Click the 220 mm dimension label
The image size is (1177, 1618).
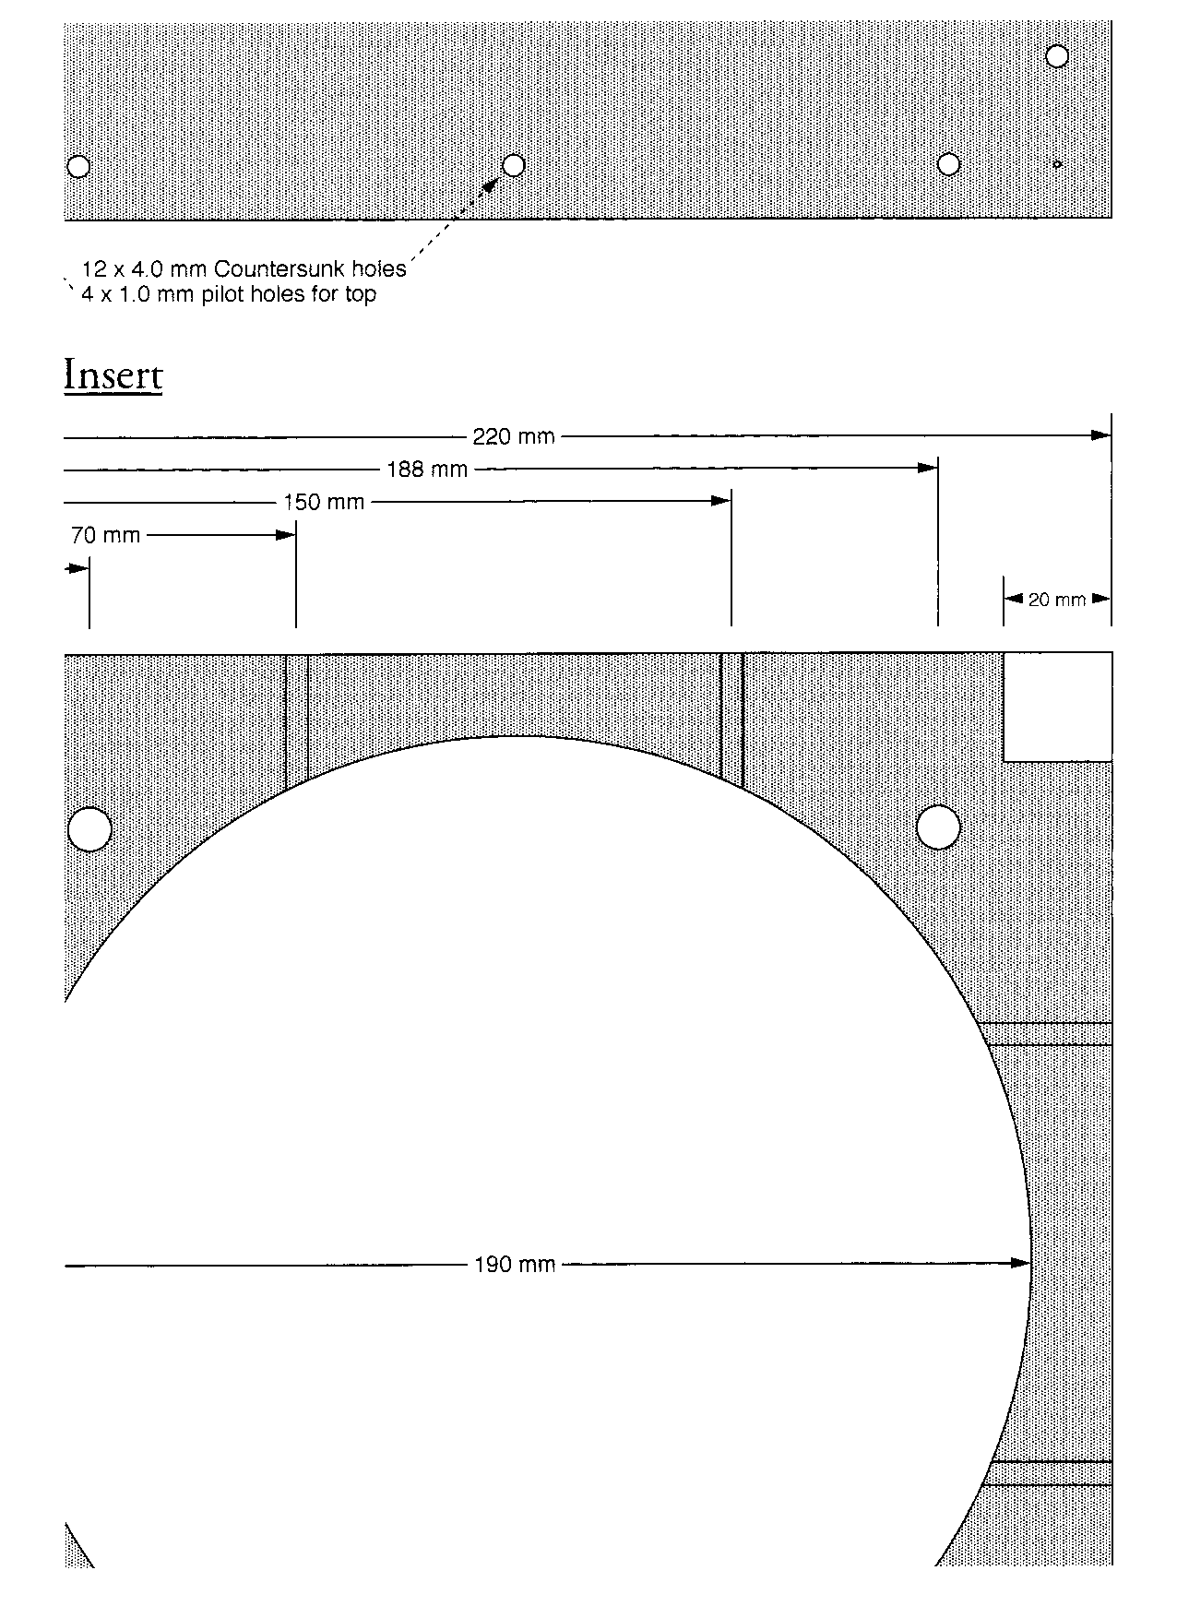(514, 436)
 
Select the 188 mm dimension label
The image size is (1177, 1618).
(427, 470)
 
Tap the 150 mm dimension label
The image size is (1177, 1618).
(324, 503)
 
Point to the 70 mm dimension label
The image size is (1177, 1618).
(105, 535)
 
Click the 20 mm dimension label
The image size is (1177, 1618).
(1057, 600)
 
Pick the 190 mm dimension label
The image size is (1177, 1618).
(515, 1265)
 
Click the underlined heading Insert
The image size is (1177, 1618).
(113, 375)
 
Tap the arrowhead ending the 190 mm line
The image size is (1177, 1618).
(1019, 1263)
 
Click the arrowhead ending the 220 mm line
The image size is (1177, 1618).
(1100, 434)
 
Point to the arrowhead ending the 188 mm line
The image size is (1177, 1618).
(927, 468)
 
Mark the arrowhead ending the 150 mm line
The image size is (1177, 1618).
(720, 501)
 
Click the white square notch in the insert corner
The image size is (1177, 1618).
(1057, 708)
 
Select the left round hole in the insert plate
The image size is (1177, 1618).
(90, 828)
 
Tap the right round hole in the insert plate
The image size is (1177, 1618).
(938, 827)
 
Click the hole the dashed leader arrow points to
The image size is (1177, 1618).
(514, 165)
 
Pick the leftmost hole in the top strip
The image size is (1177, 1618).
(79, 166)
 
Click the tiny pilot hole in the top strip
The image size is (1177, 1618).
(1057, 164)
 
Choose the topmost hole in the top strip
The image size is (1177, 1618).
(1057, 56)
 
